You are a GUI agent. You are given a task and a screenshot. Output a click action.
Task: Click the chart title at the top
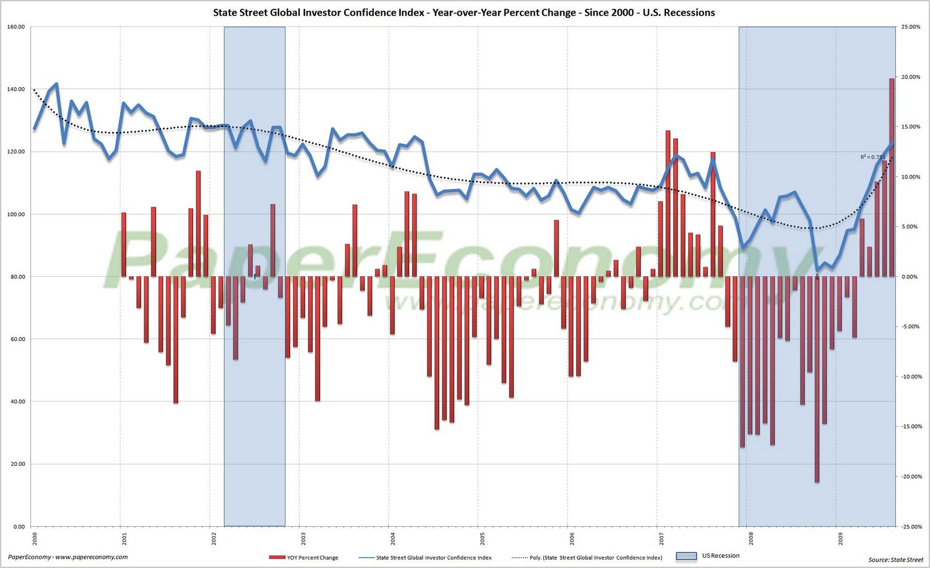point(464,12)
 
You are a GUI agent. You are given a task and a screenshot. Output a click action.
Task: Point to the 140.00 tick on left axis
point(16,89)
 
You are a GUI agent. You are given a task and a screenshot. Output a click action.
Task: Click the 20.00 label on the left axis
point(16,464)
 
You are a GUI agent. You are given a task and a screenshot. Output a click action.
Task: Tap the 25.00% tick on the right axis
point(911,27)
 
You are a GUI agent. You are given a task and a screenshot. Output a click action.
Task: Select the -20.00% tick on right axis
point(910,477)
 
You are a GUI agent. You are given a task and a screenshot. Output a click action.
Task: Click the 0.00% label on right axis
point(911,277)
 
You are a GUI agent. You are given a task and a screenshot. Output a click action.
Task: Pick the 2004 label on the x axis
point(392,538)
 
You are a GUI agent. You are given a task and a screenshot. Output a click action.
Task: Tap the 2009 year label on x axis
point(840,538)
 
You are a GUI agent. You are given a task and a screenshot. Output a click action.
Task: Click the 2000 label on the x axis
point(34,538)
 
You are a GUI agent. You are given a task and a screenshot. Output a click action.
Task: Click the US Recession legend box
point(686,556)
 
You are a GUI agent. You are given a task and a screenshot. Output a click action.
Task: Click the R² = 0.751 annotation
point(873,157)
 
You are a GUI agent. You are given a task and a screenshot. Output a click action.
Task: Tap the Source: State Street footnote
point(895,560)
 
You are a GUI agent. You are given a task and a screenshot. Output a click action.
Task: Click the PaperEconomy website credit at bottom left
point(68,557)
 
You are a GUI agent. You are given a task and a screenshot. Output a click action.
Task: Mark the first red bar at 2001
point(123,244)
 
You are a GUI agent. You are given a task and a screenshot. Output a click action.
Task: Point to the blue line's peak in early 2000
point(56,84)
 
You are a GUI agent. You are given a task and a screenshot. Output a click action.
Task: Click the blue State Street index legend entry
point(433,558)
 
